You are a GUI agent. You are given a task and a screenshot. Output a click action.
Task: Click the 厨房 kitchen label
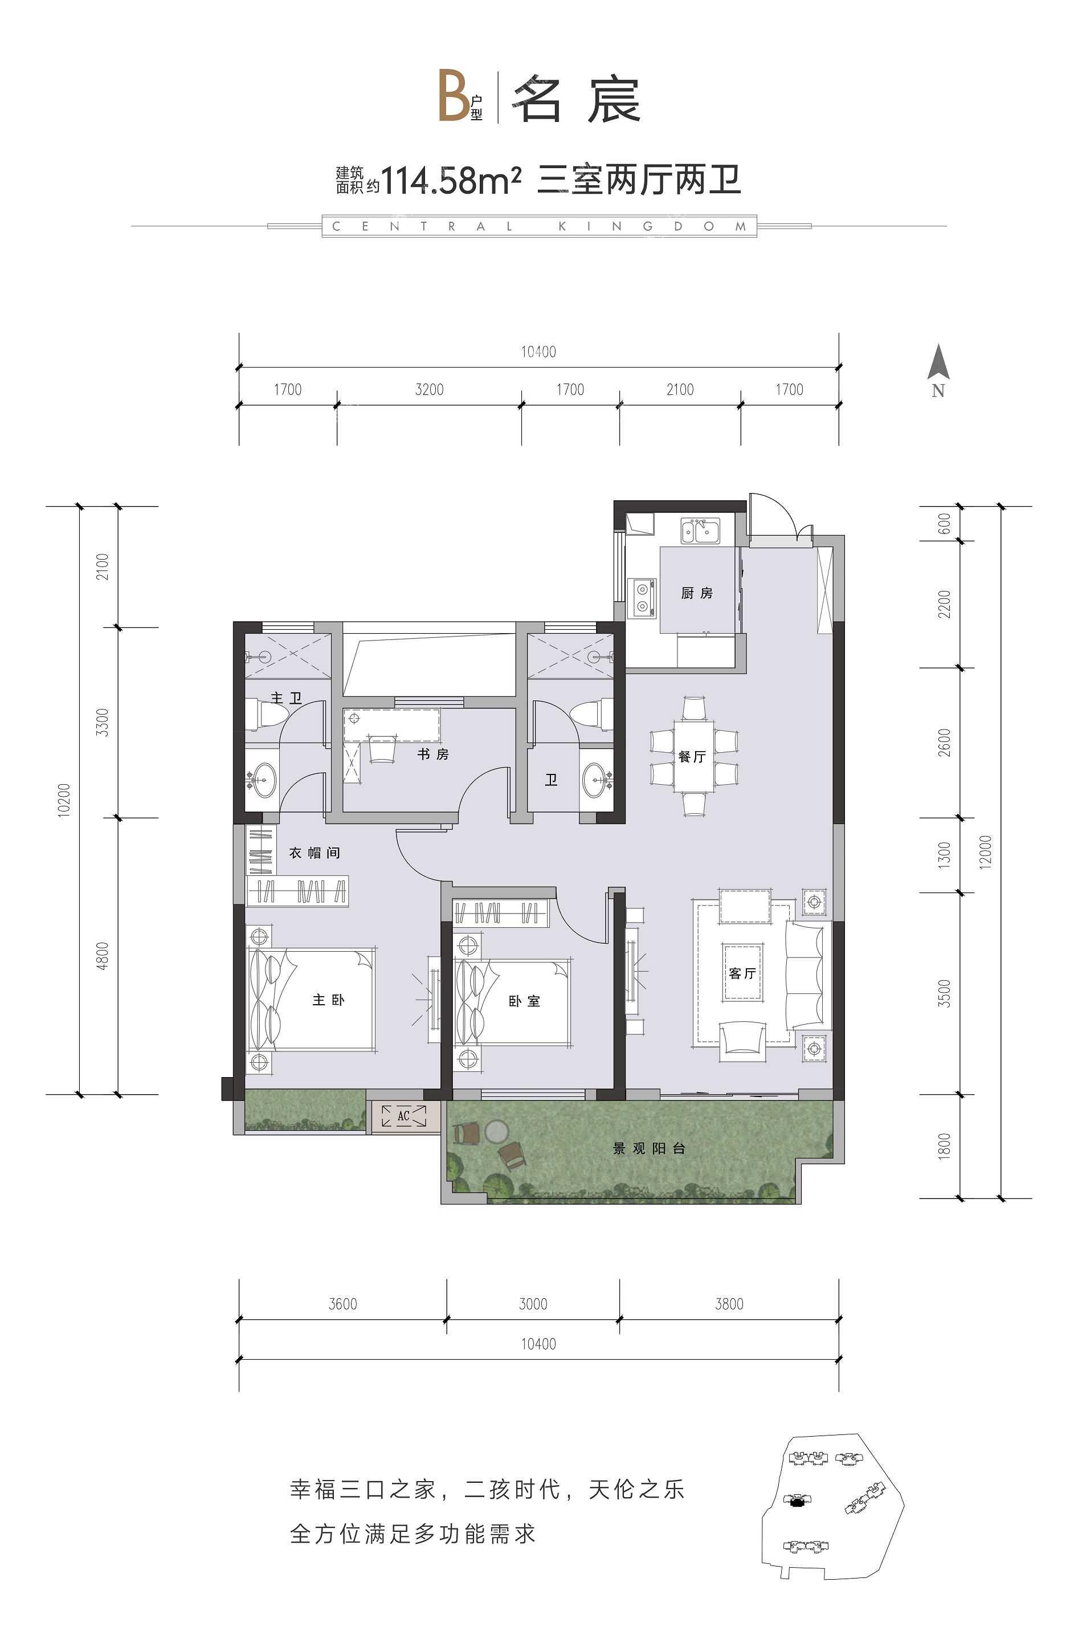click(x=696, y=593)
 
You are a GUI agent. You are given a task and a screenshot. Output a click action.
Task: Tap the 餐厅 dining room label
click(x=692, y=756)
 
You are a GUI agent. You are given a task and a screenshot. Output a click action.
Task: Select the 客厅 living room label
click(x=742, y=973)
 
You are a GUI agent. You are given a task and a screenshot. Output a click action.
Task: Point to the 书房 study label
click(x=433, y=755)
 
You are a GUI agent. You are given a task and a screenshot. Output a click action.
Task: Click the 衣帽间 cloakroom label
click(x=314, y=853)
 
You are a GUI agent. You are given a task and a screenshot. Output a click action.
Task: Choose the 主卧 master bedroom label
click(x=329, y=1000)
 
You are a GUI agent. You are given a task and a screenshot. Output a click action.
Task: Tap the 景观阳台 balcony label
click(x=649, y=1148)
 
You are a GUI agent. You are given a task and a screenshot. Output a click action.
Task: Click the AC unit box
click(x=403, y=1116)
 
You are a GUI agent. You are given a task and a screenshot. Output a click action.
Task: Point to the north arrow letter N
click(x=938, y=390)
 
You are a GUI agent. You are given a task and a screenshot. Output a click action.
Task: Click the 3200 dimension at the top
click(x=429, y=390)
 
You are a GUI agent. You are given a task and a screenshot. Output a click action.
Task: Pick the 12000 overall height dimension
click(x=987, y=852)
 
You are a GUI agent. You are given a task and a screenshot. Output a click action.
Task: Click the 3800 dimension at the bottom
click(x=729, y=1304)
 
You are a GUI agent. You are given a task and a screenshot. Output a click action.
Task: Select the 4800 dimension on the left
click(x=103, y=956)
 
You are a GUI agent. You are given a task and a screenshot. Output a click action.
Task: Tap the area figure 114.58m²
click(x=450, y=181)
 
